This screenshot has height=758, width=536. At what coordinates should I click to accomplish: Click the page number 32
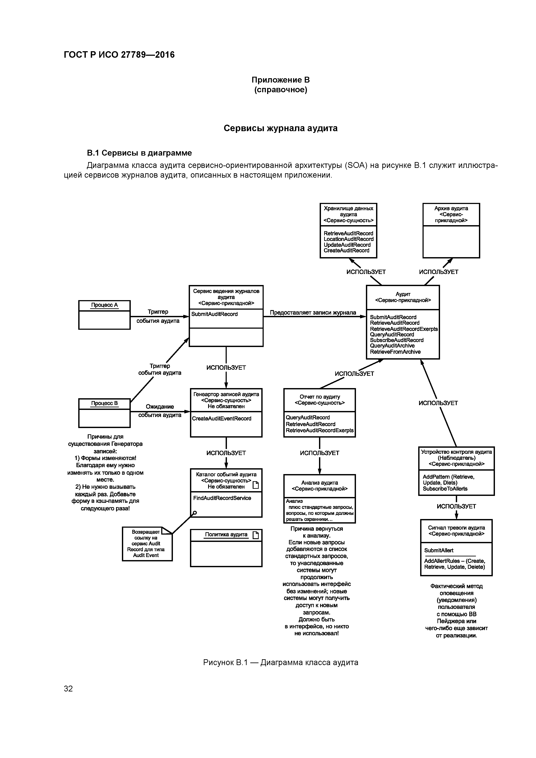68,688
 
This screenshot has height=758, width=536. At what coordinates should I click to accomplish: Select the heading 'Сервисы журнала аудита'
280,128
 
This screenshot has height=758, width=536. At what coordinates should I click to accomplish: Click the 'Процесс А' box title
104,305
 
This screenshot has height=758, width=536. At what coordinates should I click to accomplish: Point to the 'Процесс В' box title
104,403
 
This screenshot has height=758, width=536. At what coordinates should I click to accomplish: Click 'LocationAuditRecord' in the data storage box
348,239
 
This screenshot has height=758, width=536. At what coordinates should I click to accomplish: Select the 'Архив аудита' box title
451,208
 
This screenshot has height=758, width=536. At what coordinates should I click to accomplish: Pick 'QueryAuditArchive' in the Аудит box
392,346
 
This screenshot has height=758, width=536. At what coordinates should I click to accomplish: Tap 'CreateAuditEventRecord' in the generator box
222,418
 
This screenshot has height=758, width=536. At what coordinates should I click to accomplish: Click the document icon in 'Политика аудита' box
255,535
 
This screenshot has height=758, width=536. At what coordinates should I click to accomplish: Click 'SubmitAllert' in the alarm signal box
439,550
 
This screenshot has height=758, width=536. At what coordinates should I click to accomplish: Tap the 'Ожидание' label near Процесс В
160,406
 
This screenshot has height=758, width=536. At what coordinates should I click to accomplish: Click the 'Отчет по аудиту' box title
319,397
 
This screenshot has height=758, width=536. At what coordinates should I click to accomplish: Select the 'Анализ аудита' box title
319,483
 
